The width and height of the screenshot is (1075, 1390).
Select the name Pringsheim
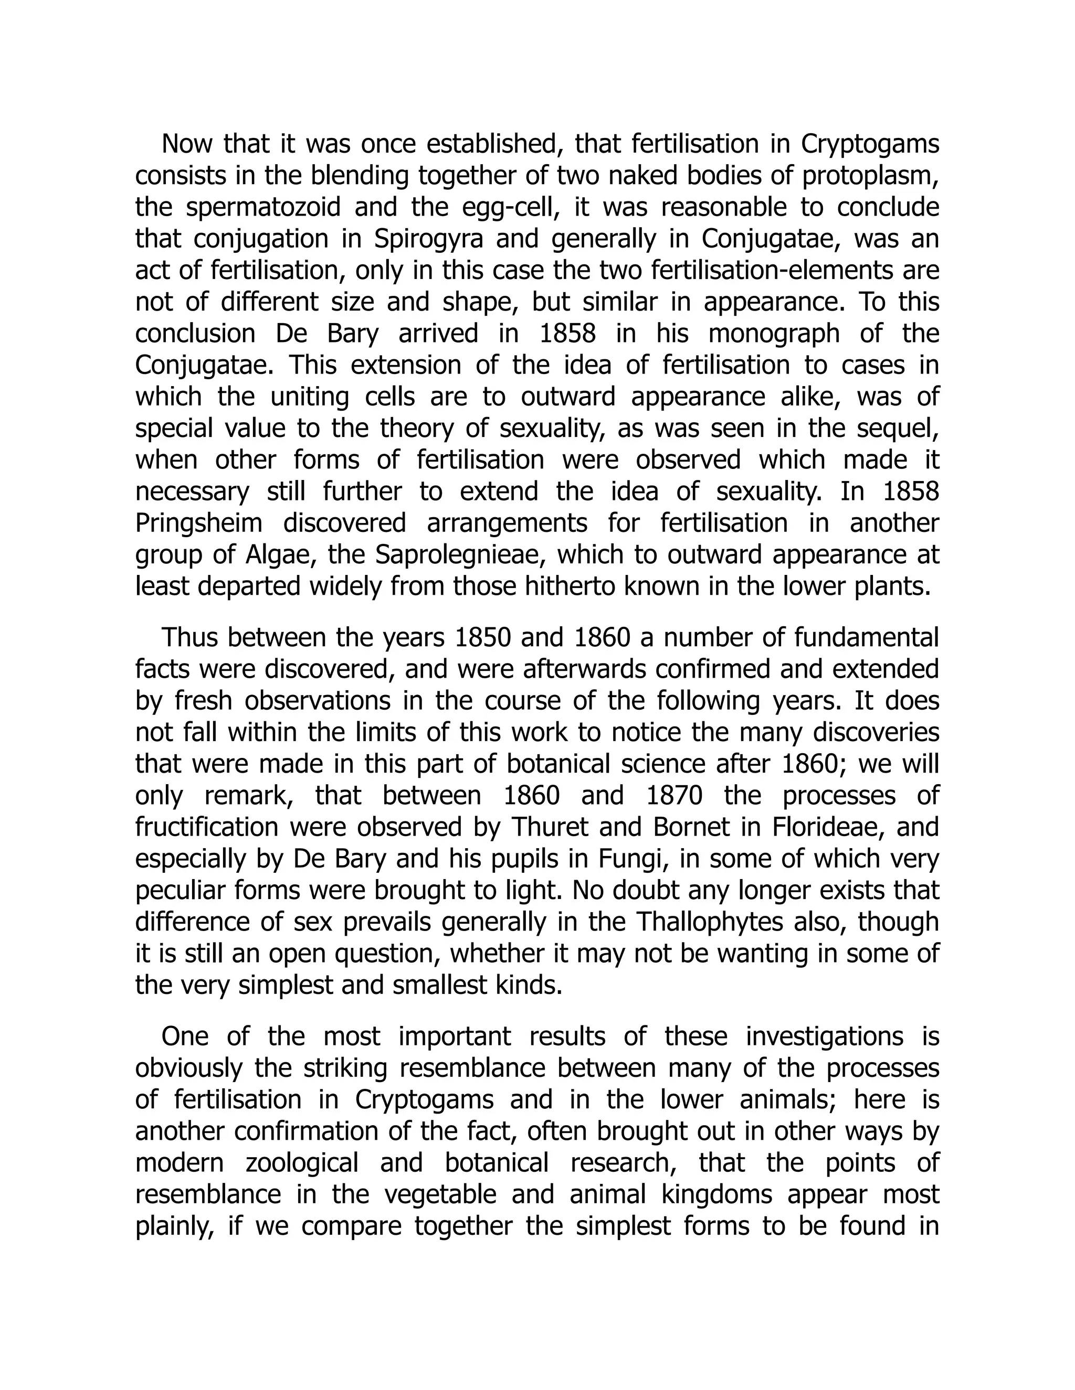tap(199, 523)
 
